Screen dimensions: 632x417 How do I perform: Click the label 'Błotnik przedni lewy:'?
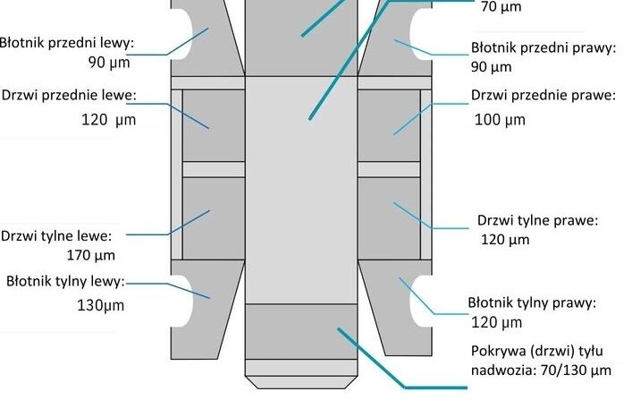66,43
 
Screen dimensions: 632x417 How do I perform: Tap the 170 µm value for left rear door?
91,255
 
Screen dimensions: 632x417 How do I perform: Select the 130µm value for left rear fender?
101,305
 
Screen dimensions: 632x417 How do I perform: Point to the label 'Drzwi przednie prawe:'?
544,96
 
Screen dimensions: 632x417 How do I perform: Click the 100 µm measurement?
500,120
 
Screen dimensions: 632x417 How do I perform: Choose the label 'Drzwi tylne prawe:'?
537,221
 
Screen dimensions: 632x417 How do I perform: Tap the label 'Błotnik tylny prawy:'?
532,302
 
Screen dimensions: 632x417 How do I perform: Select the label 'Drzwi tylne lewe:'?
56,236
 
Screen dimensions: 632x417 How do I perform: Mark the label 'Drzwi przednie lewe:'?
69,96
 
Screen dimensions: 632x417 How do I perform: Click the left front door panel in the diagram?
214,125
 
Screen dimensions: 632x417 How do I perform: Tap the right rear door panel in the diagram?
389,218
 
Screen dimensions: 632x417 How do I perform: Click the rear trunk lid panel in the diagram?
301,331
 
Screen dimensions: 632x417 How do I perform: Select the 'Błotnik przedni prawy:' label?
544,47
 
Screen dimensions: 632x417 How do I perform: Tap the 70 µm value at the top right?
501,6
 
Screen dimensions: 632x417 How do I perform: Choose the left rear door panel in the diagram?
214,218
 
